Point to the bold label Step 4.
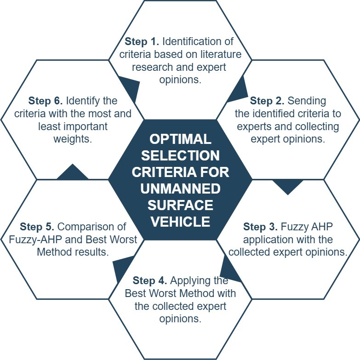(x=150, y=280)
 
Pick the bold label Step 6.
(x=46, y=101)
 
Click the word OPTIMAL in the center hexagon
(x=180, y=139)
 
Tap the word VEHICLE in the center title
(x=180, y=222)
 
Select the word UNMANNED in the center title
(x=180, y=189)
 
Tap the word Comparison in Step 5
(x=92, y=227)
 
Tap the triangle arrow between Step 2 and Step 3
(x=288, y=186)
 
